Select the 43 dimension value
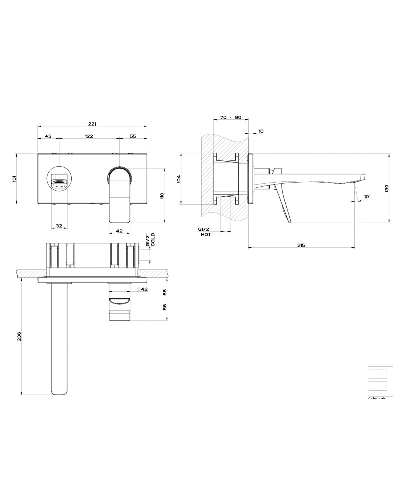click(48, 136)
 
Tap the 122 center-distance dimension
click(89, 136)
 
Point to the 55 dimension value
click(133, 136)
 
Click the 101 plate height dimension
click(14, 179)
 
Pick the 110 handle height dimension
click(161, 196)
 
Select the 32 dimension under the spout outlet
click(59, 225)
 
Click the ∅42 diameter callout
click(142, 289)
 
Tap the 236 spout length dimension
click(19, 336)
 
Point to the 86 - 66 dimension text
click(165, 299)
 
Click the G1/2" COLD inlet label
click(150, 240)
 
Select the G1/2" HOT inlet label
click(206, 232)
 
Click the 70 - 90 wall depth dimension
click(231, 117)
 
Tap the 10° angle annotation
click(366, 197)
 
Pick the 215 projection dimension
click(301, 245)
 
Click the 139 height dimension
click(386, 188)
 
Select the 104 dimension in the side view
click(178, 179)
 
